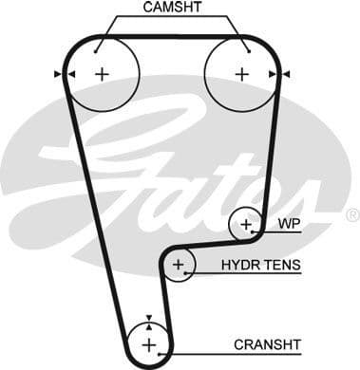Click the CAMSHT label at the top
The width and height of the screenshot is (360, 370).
(171, 9)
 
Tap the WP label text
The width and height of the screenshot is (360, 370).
(288, 225)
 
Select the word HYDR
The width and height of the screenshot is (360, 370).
(239, 266)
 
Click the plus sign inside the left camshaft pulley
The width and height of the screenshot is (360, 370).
(102, 73)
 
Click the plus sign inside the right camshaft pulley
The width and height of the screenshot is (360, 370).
(241, 73)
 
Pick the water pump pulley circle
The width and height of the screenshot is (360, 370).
(246, 225)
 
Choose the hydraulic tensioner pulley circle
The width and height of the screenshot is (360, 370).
(177, 267)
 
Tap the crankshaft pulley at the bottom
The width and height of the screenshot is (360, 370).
(149, 342)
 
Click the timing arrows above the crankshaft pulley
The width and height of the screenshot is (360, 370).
(149, 319)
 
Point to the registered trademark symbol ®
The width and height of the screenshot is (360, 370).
(351, 215)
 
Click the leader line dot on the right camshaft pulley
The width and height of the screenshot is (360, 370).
(246, 48)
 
